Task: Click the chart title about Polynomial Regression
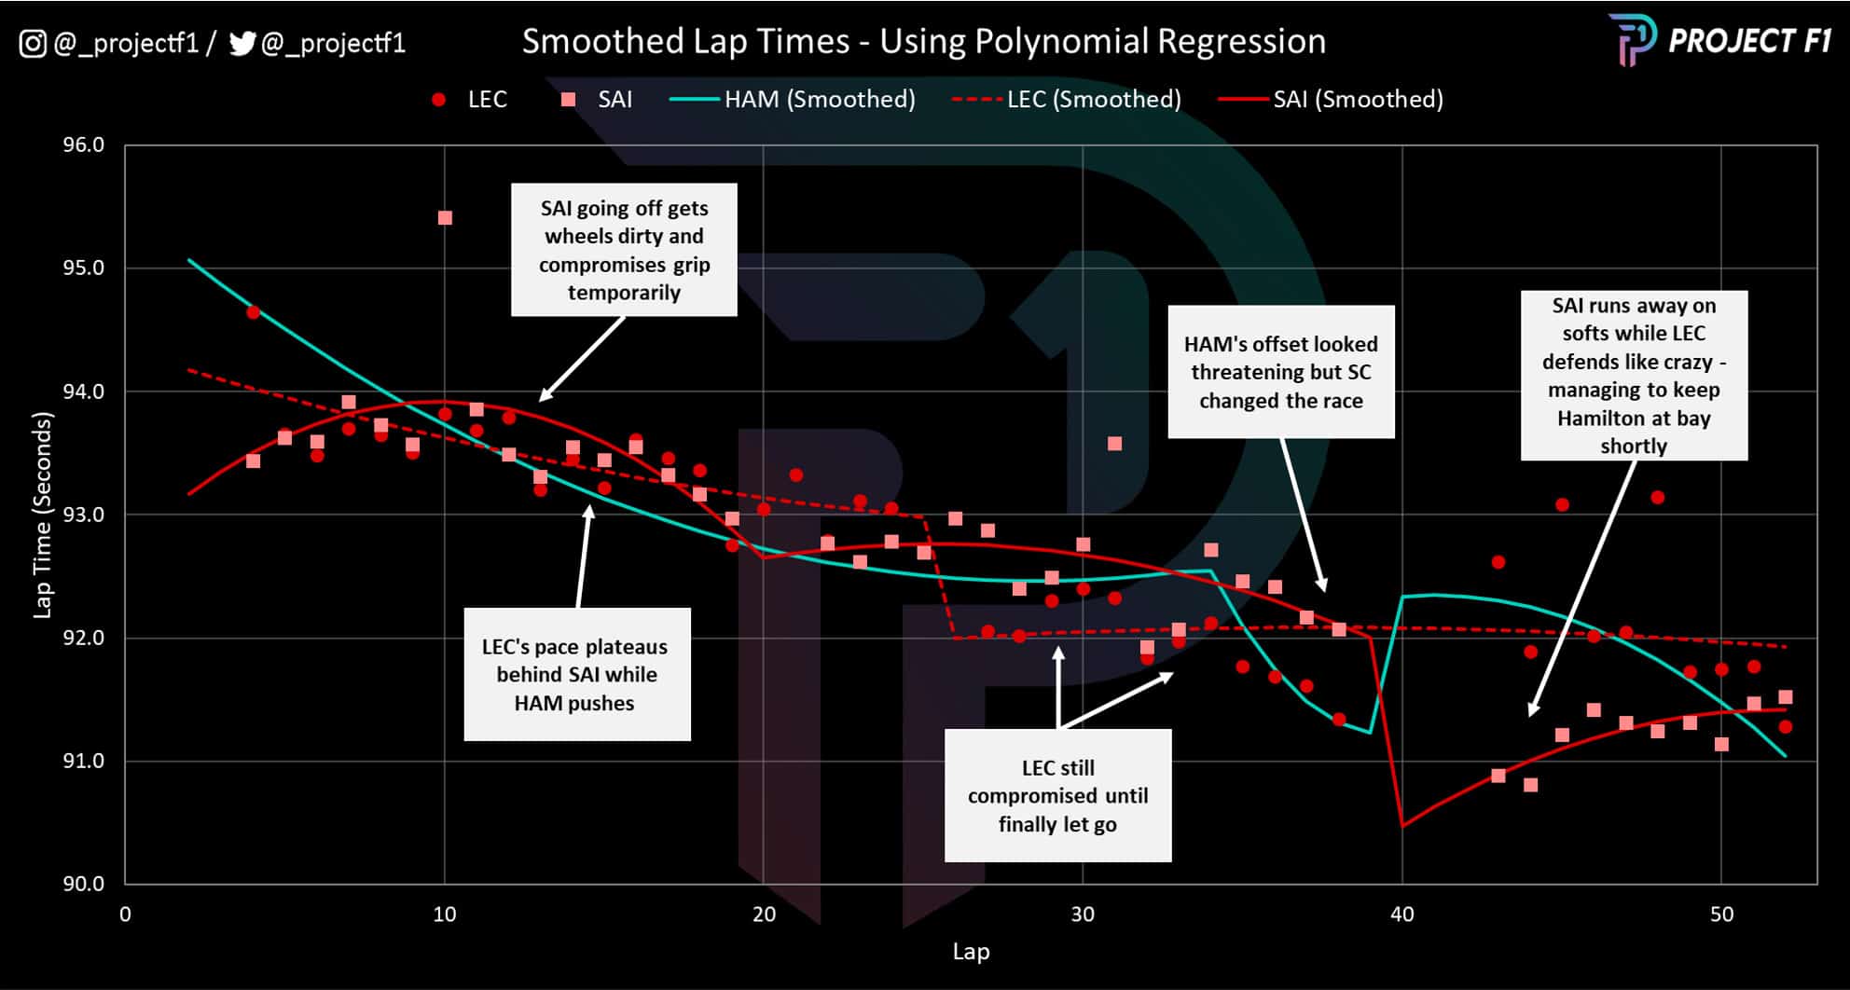coord(923,41)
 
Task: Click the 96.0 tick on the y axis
coord(83,144)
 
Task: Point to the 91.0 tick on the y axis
coord(83,761)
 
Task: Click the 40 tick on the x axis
coord(1401,914)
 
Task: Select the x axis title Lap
coord(970,952)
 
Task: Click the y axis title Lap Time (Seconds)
coord(42,515)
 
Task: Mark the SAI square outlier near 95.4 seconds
coord(445,217)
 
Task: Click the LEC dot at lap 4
coord(253,312)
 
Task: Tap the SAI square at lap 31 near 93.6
coord(1114,444)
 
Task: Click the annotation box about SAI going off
coord(624,250)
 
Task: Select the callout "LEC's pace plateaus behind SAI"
coord(576,674)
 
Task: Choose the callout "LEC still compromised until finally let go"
coord(1057,795)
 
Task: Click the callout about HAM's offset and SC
coord(1280,372)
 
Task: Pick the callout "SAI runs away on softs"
coord(1633,375)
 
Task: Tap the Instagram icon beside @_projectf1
coord(33,43)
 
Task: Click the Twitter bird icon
coord(242,43)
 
